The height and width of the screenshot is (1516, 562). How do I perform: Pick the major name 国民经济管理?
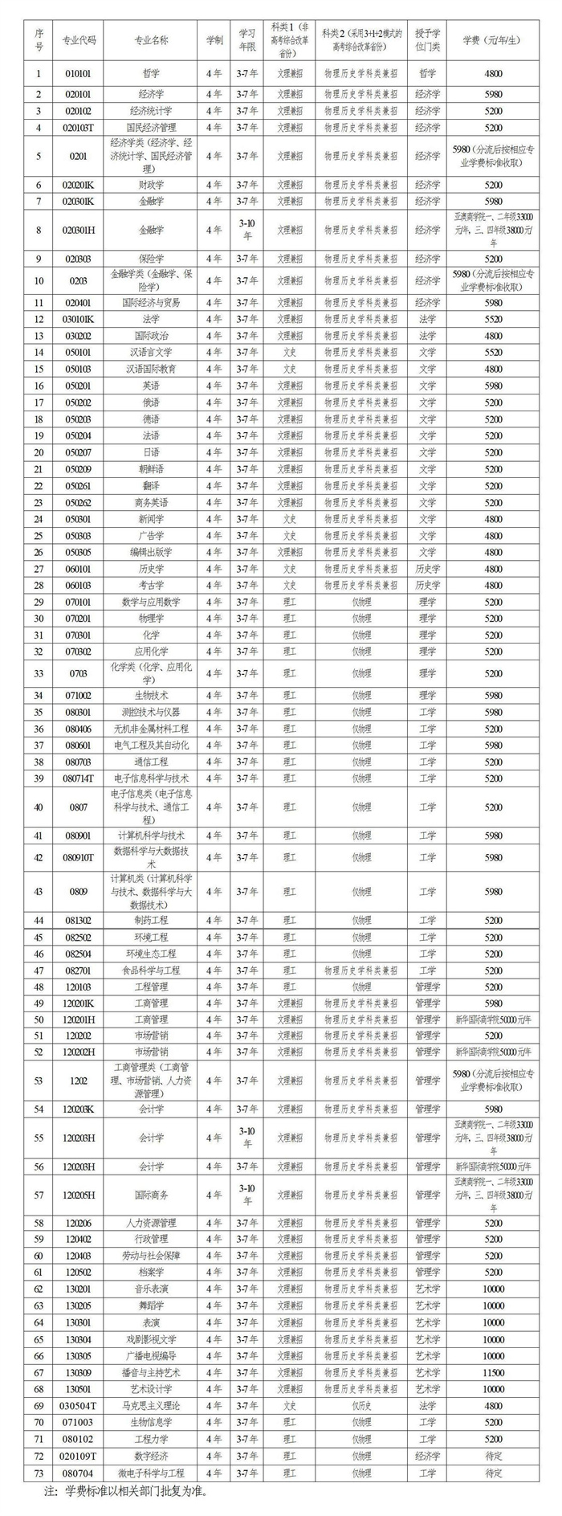click(151, 128)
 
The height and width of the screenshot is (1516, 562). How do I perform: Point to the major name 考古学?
click(151, 586)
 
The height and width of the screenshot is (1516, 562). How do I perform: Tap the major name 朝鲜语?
click(151, 469)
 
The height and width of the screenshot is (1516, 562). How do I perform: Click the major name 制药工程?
click(151, 921)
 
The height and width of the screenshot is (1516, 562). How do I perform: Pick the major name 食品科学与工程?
click(151, 970)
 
